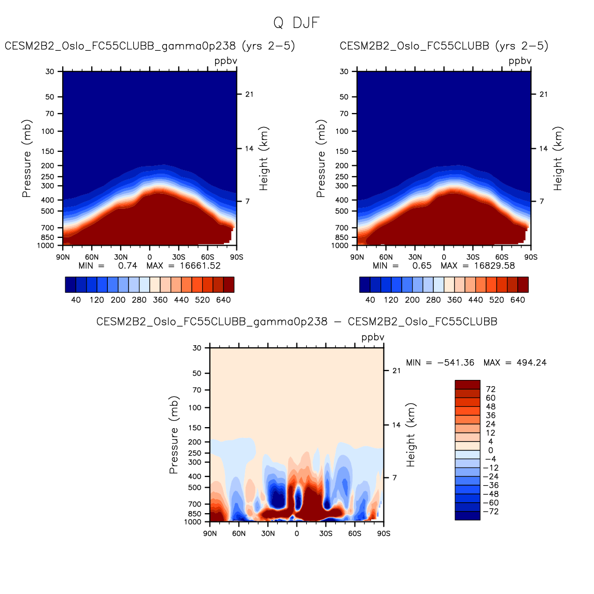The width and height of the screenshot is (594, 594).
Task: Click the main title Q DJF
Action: tap(296, 23)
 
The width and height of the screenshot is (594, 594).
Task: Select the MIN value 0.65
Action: tap(421, 266)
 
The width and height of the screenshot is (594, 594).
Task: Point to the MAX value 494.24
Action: tap(531, 363)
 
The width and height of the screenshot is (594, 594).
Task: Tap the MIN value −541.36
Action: tap(456, 363)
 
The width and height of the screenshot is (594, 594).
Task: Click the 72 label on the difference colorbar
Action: tap(490, 389)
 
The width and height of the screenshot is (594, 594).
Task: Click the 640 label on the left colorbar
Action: tap(223, 300)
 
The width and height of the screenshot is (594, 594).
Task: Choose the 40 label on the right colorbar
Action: tap(370, 300)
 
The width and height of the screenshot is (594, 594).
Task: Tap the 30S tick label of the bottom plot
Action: tap(326, 533)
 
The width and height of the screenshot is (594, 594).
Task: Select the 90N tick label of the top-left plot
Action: tap(63, 257)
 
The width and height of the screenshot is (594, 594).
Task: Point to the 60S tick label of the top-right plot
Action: tap(502, 257)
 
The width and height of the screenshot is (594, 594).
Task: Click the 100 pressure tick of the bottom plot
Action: tap(195, 408)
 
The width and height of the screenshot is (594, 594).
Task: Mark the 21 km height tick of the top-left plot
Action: tap(249, 94)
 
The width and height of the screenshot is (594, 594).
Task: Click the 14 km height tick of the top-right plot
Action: tap(544, 149)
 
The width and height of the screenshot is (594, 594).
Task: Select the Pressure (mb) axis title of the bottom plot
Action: tap(174, 435)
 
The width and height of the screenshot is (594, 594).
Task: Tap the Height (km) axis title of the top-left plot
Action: tap(264, 159)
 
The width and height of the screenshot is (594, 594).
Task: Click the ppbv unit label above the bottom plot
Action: tap(373, 337)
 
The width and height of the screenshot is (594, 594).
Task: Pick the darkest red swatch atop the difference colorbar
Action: tap(468, 385)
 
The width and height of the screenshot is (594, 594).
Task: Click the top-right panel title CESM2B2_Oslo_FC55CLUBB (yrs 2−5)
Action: tap(444, 46)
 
